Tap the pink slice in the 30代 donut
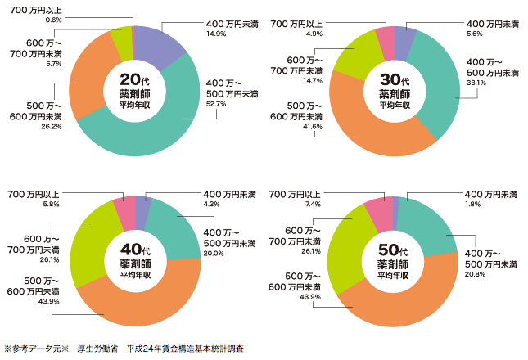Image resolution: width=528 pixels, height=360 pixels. [386, 38]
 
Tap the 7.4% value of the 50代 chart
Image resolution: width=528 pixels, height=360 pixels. [311, 203]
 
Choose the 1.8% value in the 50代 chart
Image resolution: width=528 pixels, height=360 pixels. [473, 205]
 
